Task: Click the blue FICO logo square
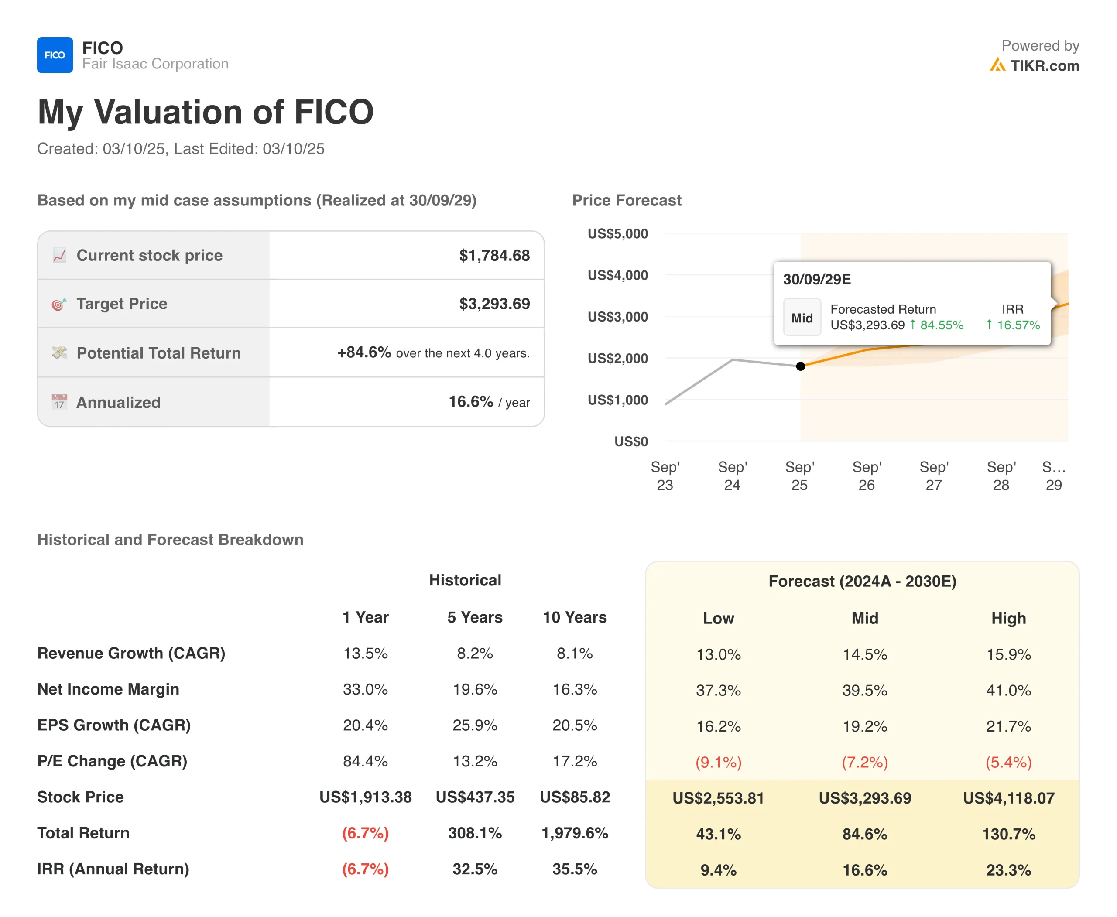[x=55, y=55]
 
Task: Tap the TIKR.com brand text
[x=1044, y=65]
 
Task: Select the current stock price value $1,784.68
[x=494, y=255]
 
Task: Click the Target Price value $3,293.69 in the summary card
[x=494, y=304]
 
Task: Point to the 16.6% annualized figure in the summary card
[x=470, y=402]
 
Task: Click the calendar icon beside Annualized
[x=59, y=402]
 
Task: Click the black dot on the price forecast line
[x=801, y=366]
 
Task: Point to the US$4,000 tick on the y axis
[x=618, y=275]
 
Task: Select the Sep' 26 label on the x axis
[x=867, y=476]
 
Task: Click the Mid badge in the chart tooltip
[x=802, y=318]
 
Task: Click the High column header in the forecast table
[x=1008, y=618]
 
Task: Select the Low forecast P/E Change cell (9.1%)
[x=718, y=762]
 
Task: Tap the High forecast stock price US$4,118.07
[x=1008, y=798]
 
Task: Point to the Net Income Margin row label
[x=108, y=689]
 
